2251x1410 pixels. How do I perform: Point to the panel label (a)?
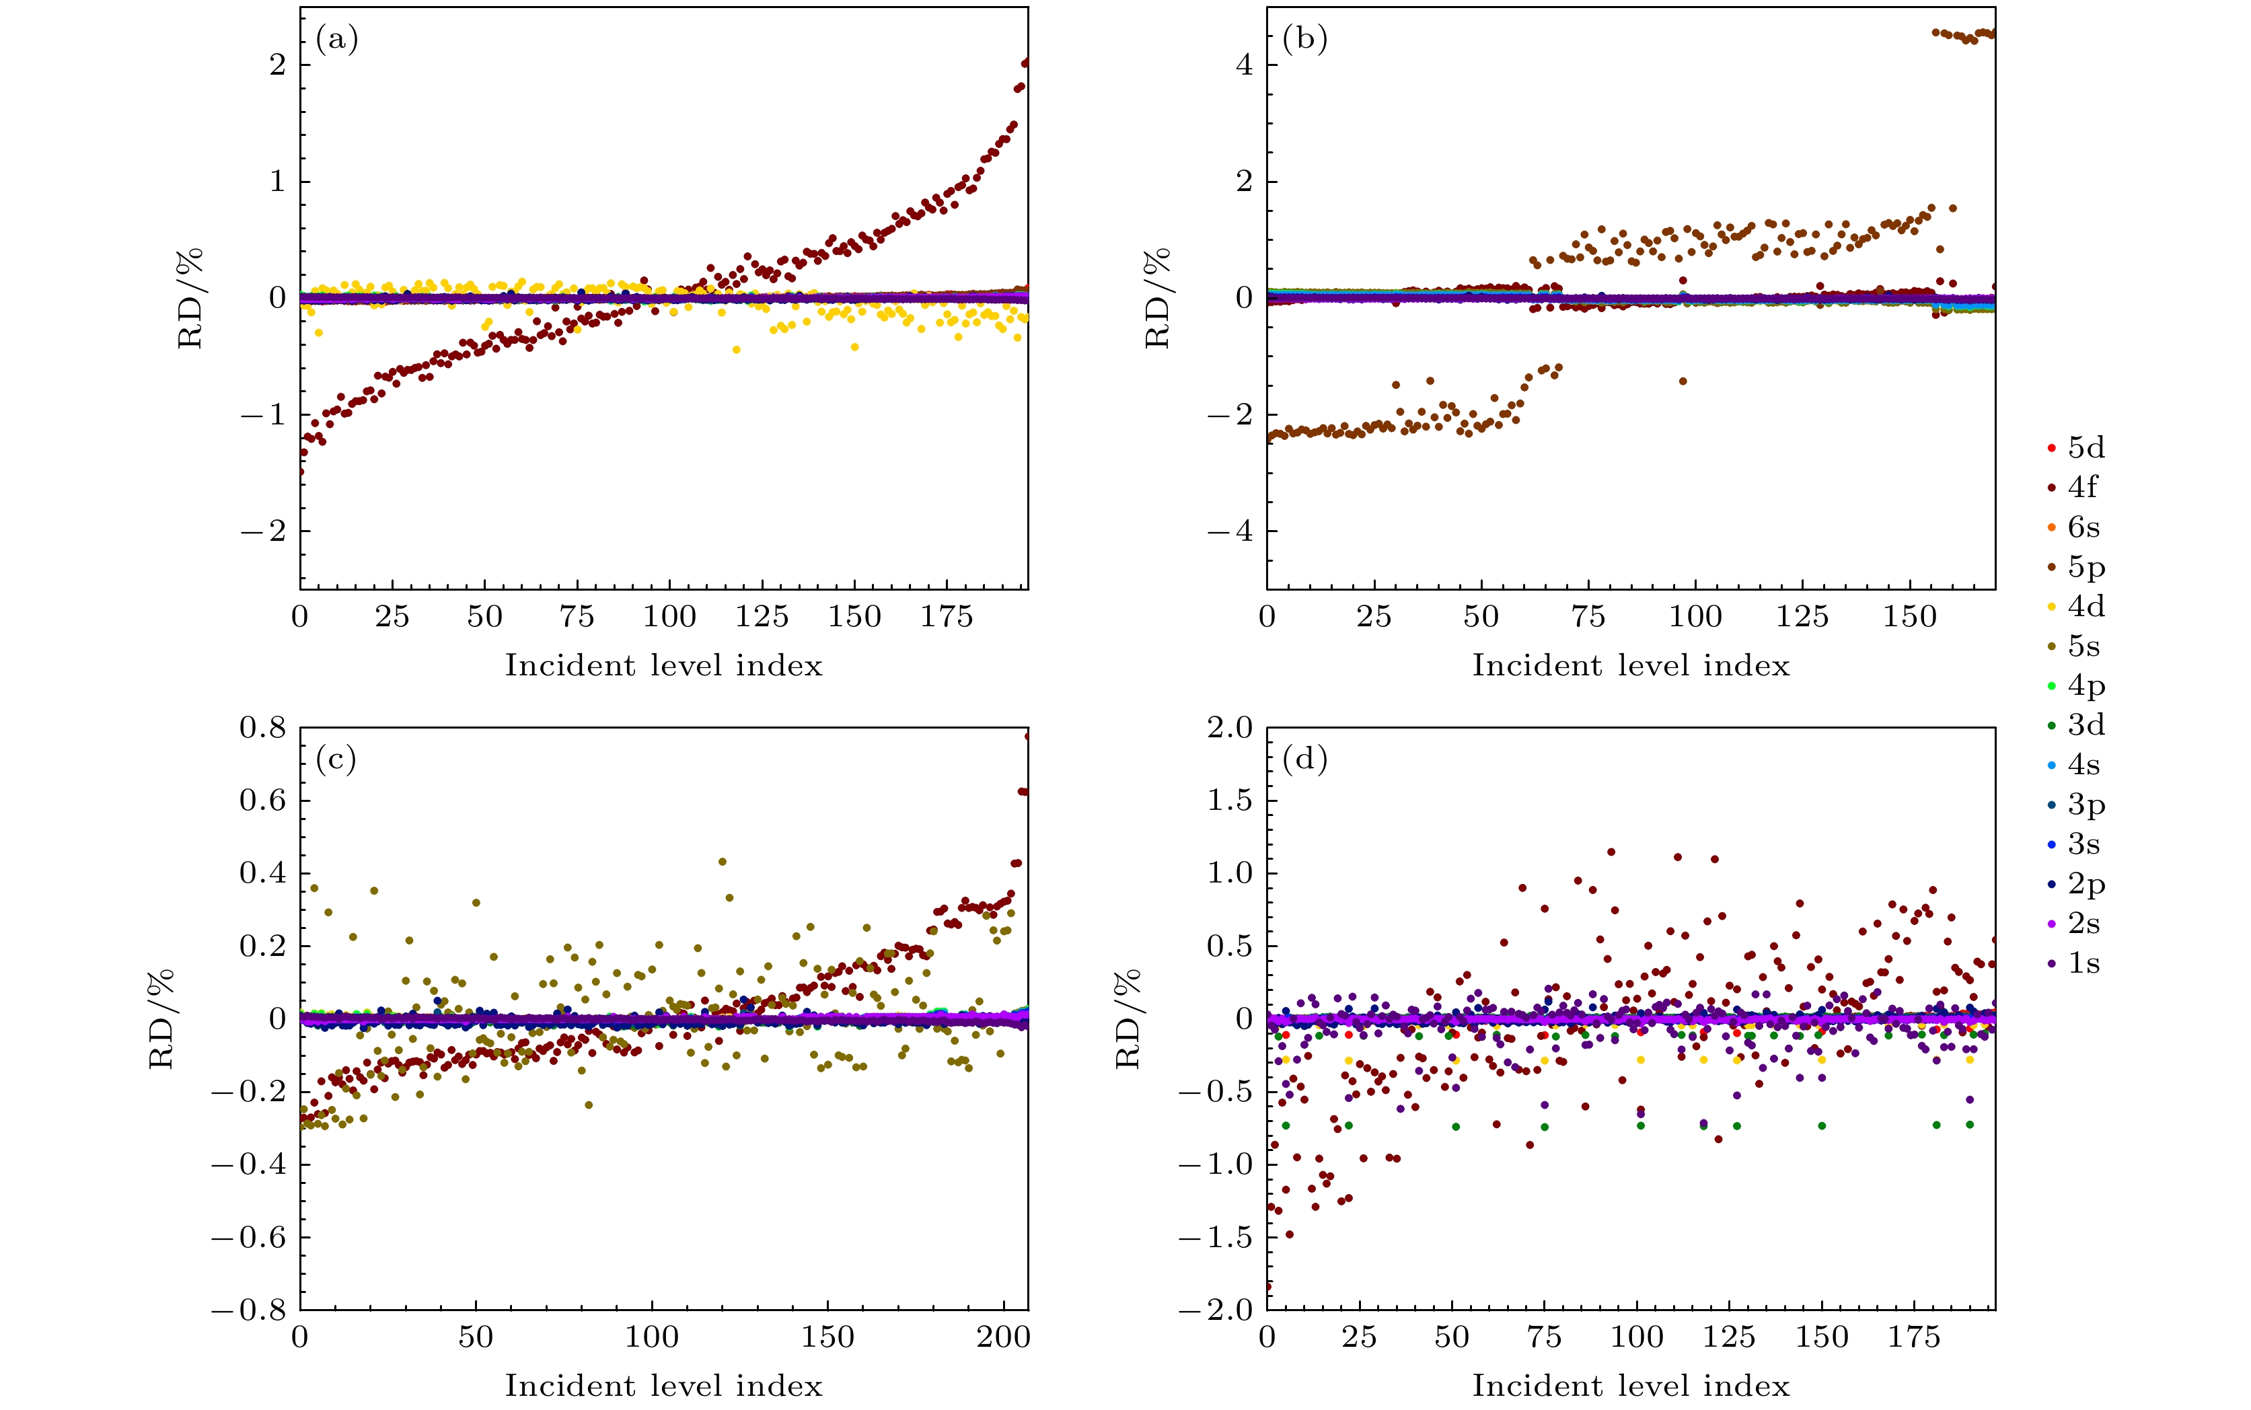coord(336,39)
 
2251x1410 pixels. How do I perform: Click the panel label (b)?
coord(1304,39)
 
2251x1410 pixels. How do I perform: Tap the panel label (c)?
coord(336,760)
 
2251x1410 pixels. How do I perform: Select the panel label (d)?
coord(1304,760)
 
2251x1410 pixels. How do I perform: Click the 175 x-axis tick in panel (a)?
coord(947,616)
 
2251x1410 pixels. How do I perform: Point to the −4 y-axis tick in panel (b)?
coord(1230,531)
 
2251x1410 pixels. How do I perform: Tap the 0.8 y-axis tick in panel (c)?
coord(263,727)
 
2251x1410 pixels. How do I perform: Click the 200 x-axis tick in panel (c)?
coord(1003,1337)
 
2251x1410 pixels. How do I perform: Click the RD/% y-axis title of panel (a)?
coord(190,299)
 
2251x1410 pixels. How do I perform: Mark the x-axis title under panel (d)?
coord(1631,1386)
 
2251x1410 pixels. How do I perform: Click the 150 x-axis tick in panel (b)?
coord(1910,616)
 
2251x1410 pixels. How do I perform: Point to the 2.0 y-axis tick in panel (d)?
coord(1230,727)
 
